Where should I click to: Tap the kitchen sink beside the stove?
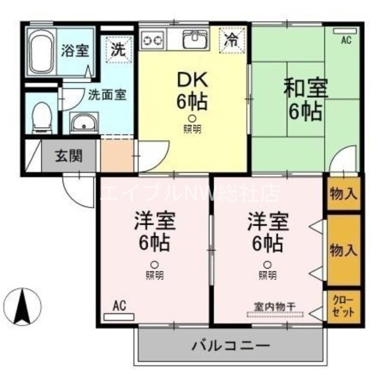click(196, 40)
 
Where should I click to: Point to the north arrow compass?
click(22, 304)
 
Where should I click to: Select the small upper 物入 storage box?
click(344, 194)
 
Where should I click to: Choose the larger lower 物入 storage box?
click(344, 250)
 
